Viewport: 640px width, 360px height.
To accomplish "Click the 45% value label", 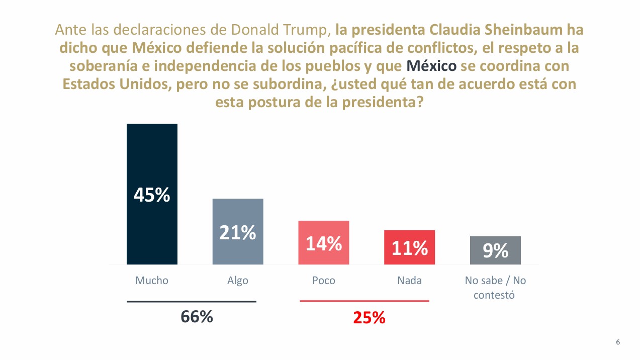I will [152, 195].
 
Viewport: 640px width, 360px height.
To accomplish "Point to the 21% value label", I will [238, 232].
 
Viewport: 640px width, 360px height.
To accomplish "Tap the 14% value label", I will [324, 244].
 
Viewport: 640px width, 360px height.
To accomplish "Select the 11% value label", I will [410, 248].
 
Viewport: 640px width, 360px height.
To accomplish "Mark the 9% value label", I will [495, 250].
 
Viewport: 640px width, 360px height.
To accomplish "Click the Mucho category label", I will [152, 281].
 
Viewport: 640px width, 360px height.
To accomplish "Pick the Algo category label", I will [238, 281].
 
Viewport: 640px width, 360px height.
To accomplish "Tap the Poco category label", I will [323, 281].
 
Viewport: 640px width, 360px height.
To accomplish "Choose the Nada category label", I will [409, 281].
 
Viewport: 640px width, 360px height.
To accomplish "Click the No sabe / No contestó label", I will [495, 288].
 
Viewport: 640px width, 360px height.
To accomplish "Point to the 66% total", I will [197, 317].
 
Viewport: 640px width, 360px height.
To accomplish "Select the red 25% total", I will [369, 318].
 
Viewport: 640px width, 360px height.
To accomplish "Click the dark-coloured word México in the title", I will [431, 66].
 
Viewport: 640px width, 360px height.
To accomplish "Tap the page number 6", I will [618, 342].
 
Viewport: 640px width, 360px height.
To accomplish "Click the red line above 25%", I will [364, 301].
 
